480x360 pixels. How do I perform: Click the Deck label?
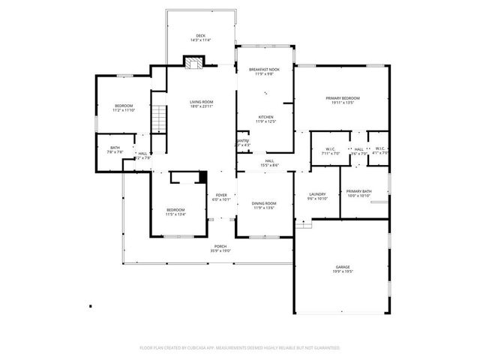click(200, 37)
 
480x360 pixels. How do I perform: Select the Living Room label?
click(201, 104)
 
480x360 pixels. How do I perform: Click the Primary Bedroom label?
click(342, 100)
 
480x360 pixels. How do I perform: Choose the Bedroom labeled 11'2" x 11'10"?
click(124, 108)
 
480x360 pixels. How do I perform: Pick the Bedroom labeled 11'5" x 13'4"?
click(175, 211)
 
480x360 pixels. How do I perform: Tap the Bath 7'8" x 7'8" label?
click(115, 150)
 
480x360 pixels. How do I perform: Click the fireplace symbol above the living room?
click(193, 64)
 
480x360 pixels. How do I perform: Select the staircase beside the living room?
click(158, 120)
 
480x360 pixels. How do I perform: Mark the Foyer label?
click(221, 197)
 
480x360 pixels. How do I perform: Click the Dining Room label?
click(264, 205)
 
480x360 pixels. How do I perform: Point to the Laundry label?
click(318, 196)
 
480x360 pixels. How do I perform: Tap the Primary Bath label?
click(359, 193)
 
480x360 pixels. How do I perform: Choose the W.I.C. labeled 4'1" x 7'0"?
click(381, 151)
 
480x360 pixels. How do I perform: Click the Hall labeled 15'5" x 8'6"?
click(269, 163)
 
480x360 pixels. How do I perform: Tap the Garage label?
click(343, 269)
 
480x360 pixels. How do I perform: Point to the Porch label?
click(220, 248)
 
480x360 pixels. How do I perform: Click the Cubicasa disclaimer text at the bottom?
click(240, 348)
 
